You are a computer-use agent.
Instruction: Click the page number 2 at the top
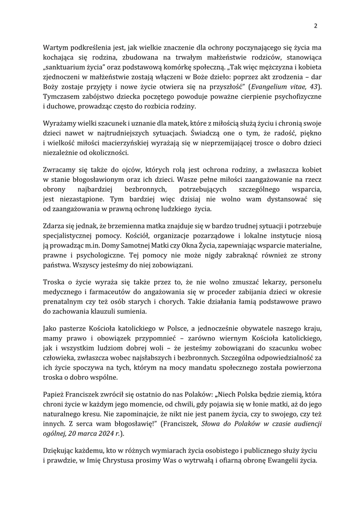tap(315, 26)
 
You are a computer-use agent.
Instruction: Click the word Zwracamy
tap(61, 171)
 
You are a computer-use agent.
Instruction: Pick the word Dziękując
tap(62, 451)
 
